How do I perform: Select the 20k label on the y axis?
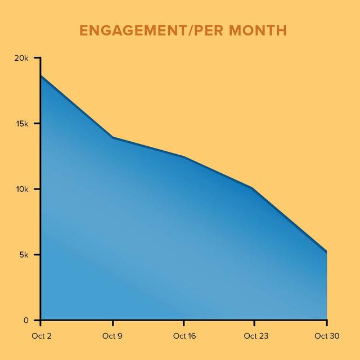tap(22, 58)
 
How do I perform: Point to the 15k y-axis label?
tap(22, 124)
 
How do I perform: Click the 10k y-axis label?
tap(22, 189)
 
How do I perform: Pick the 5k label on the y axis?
tap(24, 255)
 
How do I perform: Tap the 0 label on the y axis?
tap(26, 320)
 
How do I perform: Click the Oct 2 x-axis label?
tap(40, 336)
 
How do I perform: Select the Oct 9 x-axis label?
tap(113, 336)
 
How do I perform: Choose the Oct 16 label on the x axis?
tap(184, 336)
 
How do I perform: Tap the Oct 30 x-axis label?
tap(327, 336)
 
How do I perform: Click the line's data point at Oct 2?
tap(41, 75)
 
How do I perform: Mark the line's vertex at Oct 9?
tap(113, 137)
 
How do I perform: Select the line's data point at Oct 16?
tap(184, 157)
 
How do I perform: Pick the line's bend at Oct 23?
tap(254, 188)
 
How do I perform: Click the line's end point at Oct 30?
tap(326, 252)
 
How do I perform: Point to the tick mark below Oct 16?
tap(184, 323)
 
